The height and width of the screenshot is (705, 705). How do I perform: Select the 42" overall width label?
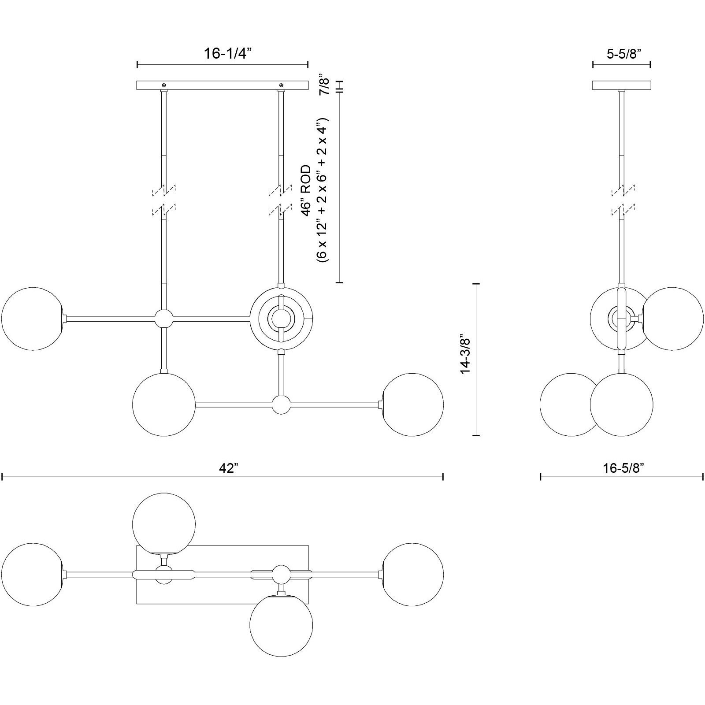(229, 468)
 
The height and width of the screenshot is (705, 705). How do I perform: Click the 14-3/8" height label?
(465, 356)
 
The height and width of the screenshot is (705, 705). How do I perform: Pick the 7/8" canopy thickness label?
(324, 85)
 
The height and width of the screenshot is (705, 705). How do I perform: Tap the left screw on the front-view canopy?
(164, 85)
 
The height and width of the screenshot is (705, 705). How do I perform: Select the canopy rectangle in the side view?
(622, 85)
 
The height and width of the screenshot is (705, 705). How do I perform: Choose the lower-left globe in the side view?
(571, 405)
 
